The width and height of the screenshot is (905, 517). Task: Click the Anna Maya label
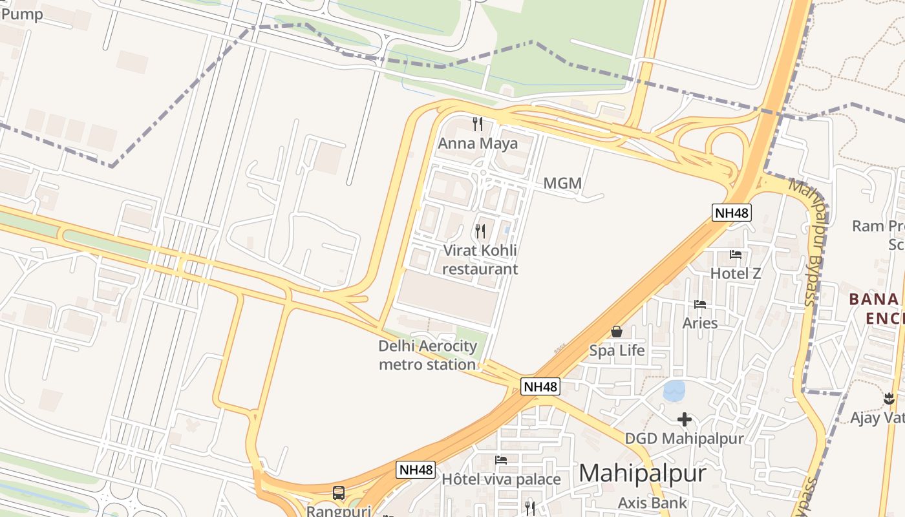(478, 143)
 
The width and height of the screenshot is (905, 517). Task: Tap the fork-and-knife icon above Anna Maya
(478, 123)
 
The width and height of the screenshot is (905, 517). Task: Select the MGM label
(562, 184)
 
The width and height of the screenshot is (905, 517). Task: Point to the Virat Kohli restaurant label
(480, 260)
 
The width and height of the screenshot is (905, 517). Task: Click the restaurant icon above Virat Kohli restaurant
(480, 231)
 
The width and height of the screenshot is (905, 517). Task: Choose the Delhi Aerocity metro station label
(427, 355)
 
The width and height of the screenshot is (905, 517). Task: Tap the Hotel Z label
(736, 273)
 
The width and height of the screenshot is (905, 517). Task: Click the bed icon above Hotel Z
(736, 255)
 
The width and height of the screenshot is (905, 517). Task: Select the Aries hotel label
(700, 322)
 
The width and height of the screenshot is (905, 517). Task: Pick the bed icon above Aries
(700, 304)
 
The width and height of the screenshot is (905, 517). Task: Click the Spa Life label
(617, 351)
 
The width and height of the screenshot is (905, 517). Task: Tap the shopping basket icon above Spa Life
(617, 332)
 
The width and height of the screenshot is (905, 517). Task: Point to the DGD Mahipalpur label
(685, 439)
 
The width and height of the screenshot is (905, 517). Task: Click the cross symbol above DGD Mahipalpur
(685, 420)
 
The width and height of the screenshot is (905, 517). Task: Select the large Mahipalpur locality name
(643, 473)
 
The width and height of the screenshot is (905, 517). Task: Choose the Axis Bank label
(652, 502)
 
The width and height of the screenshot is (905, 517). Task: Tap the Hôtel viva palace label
(501, 480)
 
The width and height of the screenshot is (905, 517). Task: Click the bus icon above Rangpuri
(339, 493)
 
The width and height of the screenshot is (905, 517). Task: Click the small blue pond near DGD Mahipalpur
(674, 390)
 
